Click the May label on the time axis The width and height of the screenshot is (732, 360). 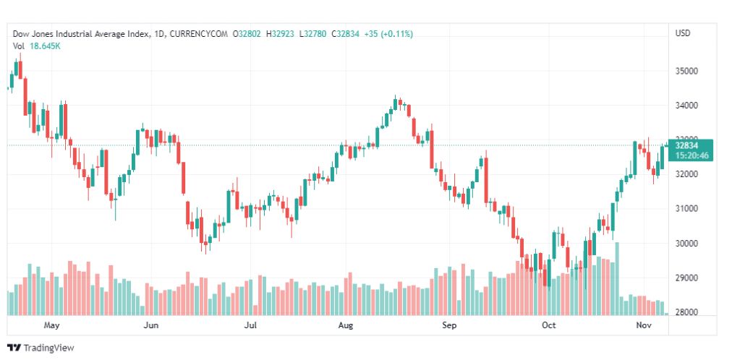click(51, 325)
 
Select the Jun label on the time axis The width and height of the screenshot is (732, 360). click(150, 325)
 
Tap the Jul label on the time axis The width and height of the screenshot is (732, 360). click(250, 325)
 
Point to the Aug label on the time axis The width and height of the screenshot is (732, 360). click(346, 325)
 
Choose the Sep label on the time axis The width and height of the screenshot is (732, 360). click(449, 325)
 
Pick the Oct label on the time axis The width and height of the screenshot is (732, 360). click(549, 325)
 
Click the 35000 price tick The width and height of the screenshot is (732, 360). click(686, 72)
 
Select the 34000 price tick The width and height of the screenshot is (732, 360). click(686, 106)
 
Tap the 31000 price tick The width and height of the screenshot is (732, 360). click(686, 209)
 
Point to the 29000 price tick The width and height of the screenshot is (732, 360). click(686, 278)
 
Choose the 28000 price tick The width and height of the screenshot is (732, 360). click(686, 312)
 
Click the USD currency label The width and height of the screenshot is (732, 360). click(683, 33)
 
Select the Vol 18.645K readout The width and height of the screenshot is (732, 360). click(37, 46)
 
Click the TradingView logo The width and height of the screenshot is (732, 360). click(41, 348)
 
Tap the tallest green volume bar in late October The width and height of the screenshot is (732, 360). click(617, 278)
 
